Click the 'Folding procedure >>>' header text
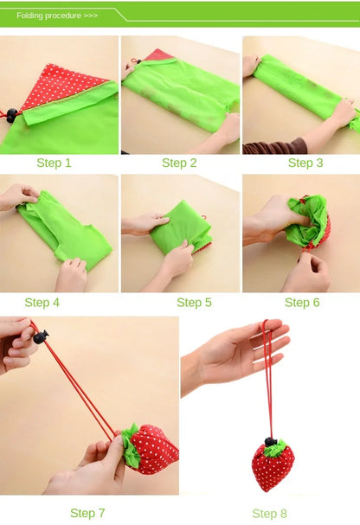tap(57, 16)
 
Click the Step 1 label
tap(54, 163)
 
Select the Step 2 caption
tap(179, 163)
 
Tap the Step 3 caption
tap(300, 163)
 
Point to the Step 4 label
tap(42, 303)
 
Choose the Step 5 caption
tap(194, 303)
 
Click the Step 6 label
tap(302, 303)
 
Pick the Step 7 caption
tap(87, 513)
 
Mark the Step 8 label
tap(269, 514)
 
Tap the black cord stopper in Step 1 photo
tap(11, 114)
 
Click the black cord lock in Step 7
tap(40, 336)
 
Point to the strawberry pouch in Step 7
tap(154, 450)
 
